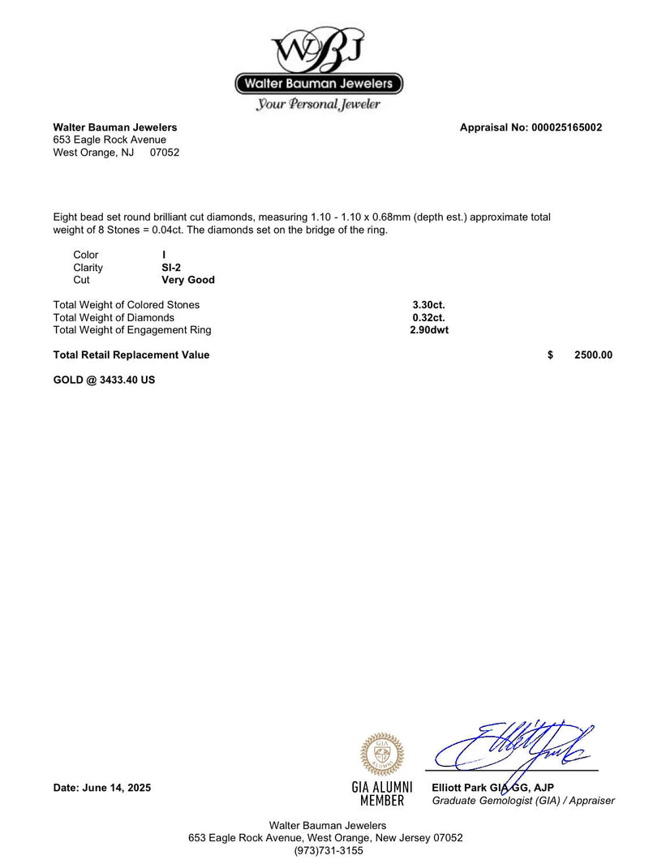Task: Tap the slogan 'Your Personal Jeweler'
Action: point(318,104)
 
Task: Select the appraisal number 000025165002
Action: point(566,127)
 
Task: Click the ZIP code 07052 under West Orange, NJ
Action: point(165,153)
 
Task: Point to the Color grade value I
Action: point(164,255)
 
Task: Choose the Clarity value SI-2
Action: point(171,268)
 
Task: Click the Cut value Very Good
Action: point(188,280)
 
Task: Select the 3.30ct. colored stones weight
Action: point(428,305)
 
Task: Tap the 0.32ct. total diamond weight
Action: point(428,318)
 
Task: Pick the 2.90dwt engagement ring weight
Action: point(429,330)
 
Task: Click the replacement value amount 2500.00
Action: point(593,355)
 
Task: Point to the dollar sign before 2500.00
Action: point(551,355)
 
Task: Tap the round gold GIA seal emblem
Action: point(382,754)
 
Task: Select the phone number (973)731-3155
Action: point(329,851)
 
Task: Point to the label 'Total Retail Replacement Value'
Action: point(131,355)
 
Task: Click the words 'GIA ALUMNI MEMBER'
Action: point(382,794)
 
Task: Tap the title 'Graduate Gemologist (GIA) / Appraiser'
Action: point(523,801)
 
